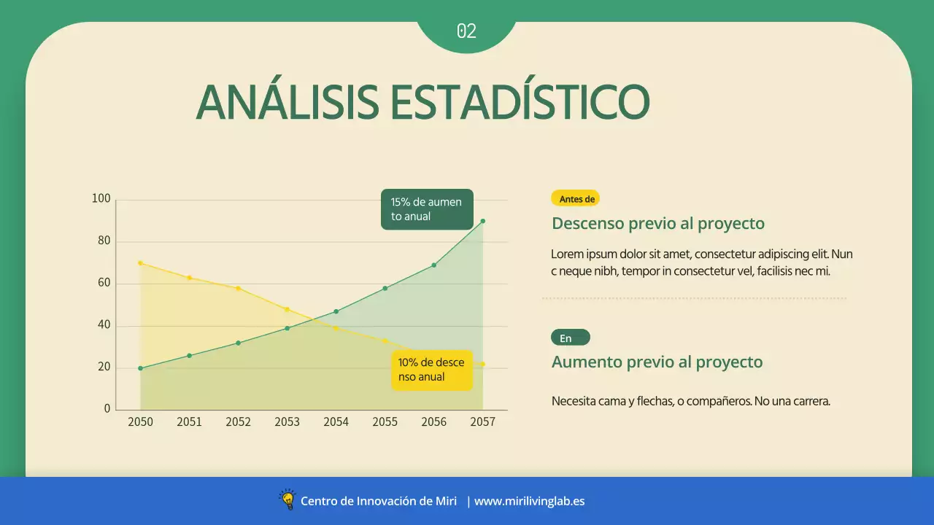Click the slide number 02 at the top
[x=466, y=31]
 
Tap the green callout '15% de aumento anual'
[x=427, y=209]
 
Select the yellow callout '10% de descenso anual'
[x=431, y=370]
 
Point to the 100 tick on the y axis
[x=101, y=199]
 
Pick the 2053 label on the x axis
[x=287, y=422]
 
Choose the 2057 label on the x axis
[x=482, y=422]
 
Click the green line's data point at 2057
[x=482, y=221]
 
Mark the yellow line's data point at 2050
[x=140, y=263]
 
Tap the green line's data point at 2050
[x=140, y=368]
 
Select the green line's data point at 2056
[x=433, y=265]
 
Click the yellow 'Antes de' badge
[x=576, y=198]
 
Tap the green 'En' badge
[x=570, y=338]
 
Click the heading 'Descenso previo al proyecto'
[x=657, y=223]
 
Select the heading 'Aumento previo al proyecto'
[x=657, y=362]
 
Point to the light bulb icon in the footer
[x=287, y=500]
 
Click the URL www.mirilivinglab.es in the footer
[x=529, y=501]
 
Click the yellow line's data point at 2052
[x=238, y=288]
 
